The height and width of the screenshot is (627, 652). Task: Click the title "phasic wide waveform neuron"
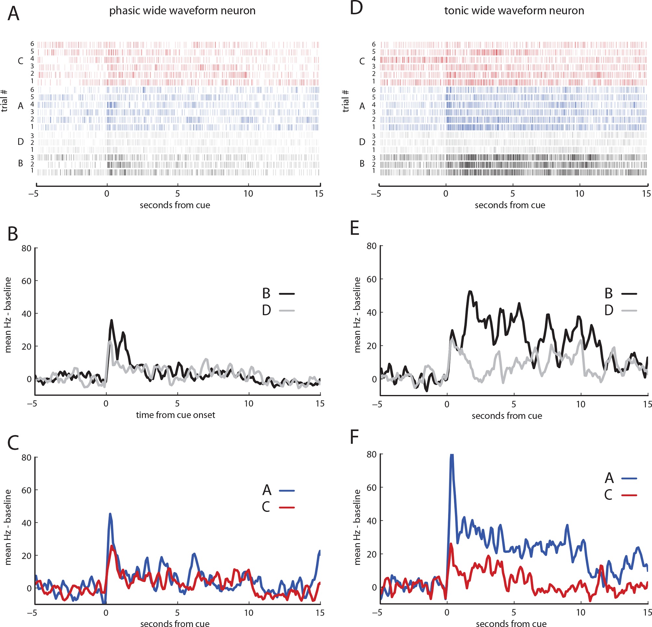point(182,11)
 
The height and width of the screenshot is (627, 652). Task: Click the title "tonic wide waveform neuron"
point(514,11)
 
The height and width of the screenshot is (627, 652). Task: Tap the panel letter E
point(355,229)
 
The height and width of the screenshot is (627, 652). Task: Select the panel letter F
point(355,437)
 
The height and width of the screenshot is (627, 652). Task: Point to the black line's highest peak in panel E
point(470,292)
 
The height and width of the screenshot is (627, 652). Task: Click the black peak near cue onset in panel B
point(112,320)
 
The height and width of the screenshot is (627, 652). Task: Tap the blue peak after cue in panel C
point(110,514)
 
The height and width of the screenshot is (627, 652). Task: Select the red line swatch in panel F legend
point(629,495)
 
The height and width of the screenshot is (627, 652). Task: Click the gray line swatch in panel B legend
point(287,311)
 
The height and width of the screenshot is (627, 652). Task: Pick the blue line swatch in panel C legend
point(287,491)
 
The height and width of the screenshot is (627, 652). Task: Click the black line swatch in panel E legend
point(629,294)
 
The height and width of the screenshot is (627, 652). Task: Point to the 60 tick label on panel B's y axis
point(26,281)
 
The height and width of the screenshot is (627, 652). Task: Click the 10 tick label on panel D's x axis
point(580,194)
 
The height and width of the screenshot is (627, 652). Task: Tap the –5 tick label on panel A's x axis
point(33,194)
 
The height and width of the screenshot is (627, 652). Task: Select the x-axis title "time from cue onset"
point(175,415)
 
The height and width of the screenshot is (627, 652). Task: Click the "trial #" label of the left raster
point(5,100)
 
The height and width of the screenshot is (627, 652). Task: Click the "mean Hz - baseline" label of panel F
point(357,527)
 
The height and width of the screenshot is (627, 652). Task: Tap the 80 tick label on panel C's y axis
point(26,458)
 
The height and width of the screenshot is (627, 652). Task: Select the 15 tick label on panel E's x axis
point(647,404)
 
